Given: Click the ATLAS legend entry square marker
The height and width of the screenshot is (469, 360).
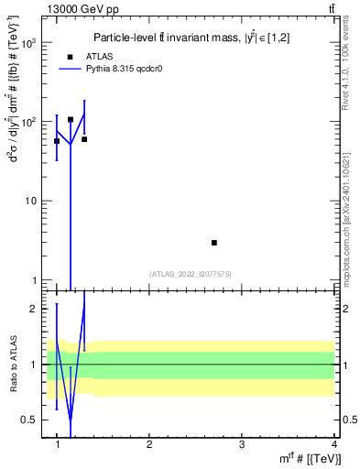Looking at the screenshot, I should click(71, 57).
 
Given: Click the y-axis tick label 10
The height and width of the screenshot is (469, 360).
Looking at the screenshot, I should click(29, 201).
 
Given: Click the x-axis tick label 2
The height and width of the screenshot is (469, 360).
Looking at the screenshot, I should click(149, 444).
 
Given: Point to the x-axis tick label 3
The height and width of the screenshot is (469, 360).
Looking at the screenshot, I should click(242, 444).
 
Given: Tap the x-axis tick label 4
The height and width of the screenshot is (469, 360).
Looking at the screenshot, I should click(333, 444).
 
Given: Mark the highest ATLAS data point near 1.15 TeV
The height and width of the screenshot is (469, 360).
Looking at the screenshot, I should click(71, 119).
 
